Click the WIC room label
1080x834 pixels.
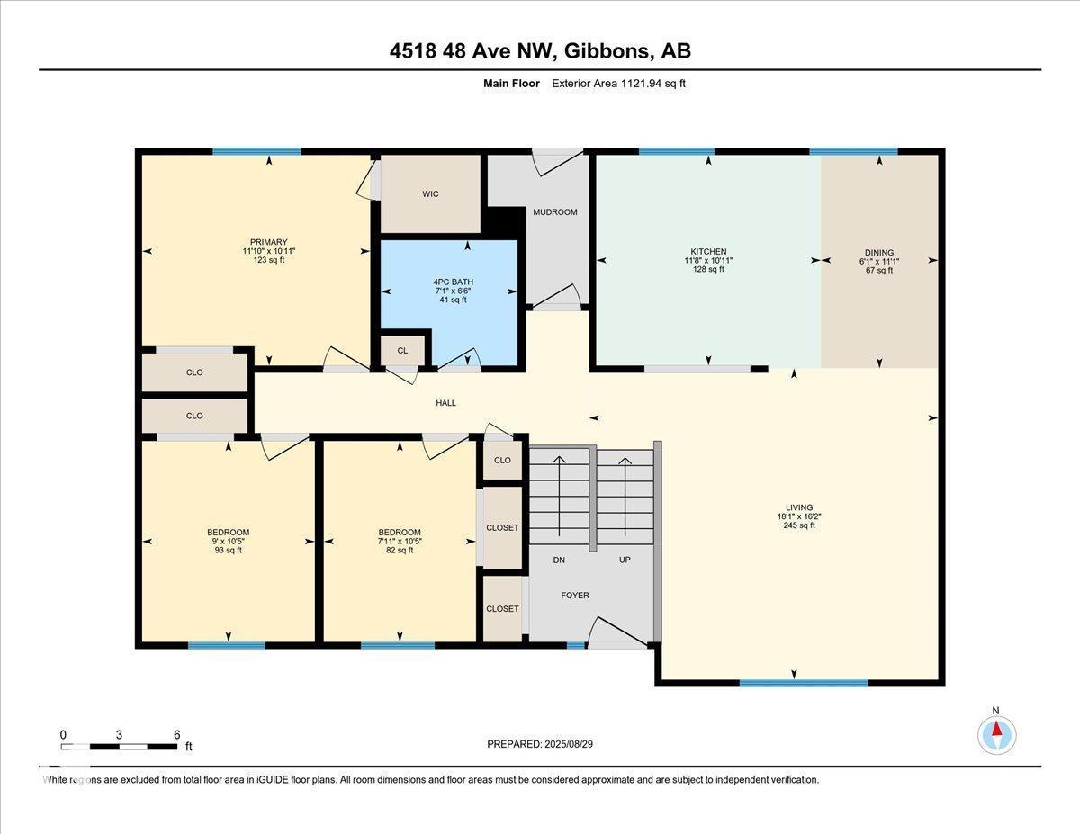pos(430,193)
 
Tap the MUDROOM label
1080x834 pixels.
pos(555,212)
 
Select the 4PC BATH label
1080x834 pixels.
pos(454,282)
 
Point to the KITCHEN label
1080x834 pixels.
pos(708,252)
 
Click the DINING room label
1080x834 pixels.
pos(879,252)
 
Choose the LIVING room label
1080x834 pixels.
pos(799,507)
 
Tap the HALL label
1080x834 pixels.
pos(445,403)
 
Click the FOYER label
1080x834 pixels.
pos(575,595)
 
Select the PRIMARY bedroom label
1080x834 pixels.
pos(269,242)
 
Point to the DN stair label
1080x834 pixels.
pos(559,560)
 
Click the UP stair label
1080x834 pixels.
pos(625,560)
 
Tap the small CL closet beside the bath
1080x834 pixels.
pos(402,350)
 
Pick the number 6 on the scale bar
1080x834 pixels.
pos(177,734)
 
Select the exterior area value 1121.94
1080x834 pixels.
pos(641,84)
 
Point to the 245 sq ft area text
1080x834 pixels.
pos(799,525)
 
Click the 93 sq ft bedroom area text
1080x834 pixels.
pos(228,550)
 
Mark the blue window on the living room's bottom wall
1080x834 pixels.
pos(804,683)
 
